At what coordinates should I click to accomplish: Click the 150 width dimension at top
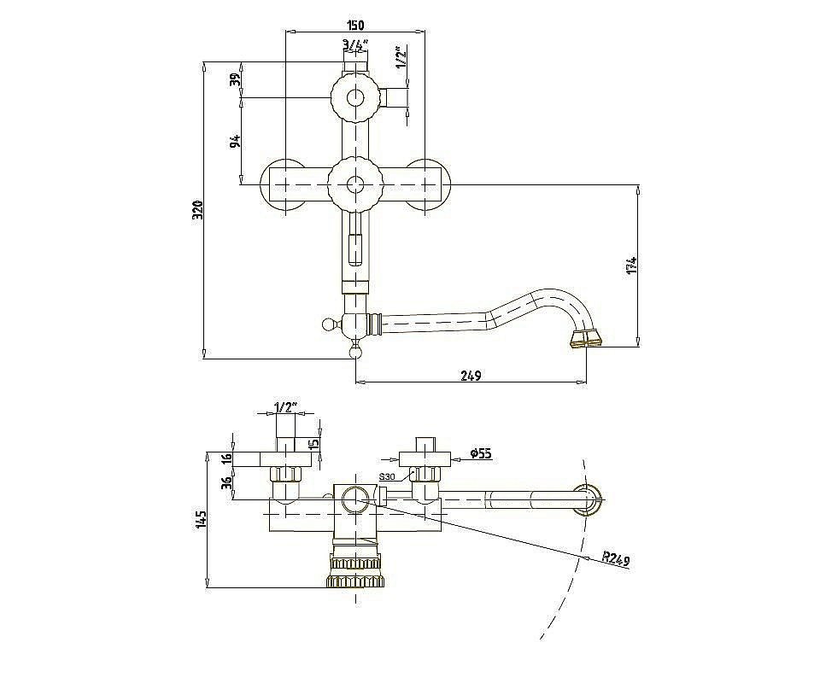tap(354, 25)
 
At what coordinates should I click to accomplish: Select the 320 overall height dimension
tap(198, 210)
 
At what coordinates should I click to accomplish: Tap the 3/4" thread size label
tap(355, 46)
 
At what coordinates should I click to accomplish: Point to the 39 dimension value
tap(237, 79)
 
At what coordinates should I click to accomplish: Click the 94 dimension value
tap(237, 141)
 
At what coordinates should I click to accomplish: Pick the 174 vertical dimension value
tap(632, 265)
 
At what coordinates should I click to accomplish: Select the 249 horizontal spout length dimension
tap(471, 375)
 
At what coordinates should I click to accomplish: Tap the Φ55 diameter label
tap(480, 453)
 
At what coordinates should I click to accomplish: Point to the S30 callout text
tap(387, 476)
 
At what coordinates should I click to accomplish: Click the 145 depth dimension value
tap(202, 520)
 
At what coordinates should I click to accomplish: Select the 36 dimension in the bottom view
tap(226, 483)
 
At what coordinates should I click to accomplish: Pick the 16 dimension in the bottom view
tap(226, 459)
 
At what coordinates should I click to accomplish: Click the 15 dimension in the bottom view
tap(313, 444)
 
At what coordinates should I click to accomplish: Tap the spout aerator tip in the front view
tap(586, 339)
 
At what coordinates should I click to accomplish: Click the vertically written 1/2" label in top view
tap(401, 57)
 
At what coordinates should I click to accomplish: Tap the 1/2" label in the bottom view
tap(285, 406)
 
